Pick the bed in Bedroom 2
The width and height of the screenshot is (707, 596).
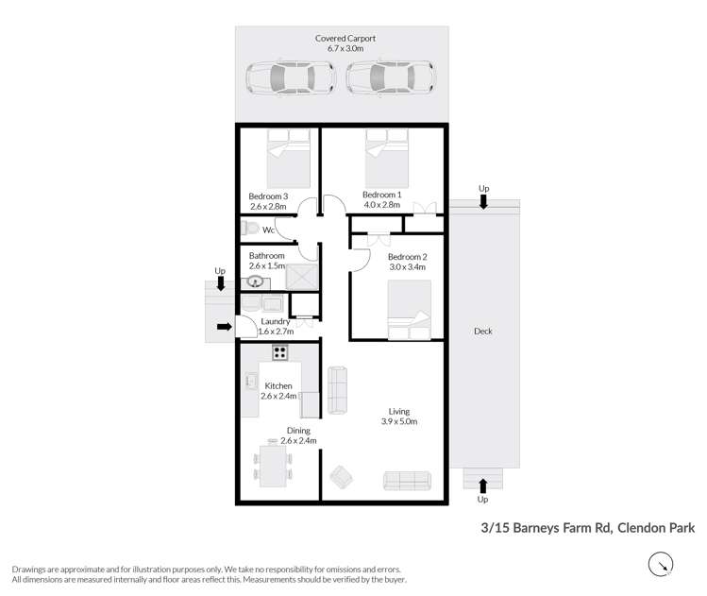[x=409, y=309]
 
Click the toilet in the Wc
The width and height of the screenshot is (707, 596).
[x=250, y=228]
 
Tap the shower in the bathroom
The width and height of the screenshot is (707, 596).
[x=301, y=277]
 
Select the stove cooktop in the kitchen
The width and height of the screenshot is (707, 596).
[x=279, y=352]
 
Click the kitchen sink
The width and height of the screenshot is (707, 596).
[x=252, y=380]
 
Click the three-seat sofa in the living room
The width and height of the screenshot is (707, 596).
[x=407, y=480]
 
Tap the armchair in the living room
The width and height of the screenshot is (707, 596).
[x=340, y=476]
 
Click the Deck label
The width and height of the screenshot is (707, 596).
[x=482, y=332]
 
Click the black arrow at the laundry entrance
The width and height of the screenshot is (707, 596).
[x=224, y=328]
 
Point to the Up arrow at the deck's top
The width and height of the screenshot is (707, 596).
[x=484, y=200]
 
